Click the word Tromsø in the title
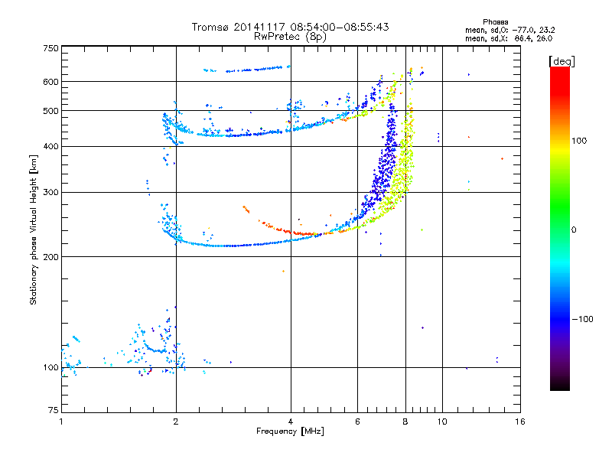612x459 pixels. click(x=211, y=27)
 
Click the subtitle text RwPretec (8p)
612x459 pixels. click(x=290, y=37)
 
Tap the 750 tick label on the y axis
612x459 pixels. click(x=51, y=48)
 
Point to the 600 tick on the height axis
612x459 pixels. click(x=51, y=82)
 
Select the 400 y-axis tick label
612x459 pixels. click(x=51, y=146)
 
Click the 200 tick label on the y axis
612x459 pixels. click(x=51, y=257)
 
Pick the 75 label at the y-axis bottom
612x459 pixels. click(x=54, y=410)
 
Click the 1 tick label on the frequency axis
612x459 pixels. click(x=61, y=422)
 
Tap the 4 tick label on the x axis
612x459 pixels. click(x=291, y=422)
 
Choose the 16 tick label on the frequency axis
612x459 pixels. click(x=520, y=422)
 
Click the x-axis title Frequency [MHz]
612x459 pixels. click(x=290, y=431)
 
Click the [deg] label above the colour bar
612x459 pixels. click(x=562, y=61)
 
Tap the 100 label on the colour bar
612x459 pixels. click(x=579, y=141)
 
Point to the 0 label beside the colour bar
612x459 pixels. click(x=574, y=229)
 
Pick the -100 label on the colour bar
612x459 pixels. click(x=582, y=319)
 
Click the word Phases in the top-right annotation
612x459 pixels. click(x=495, y=22)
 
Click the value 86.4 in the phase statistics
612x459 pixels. click(x=523, y=38)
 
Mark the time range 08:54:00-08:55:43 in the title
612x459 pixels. click(x=340, y=27)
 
